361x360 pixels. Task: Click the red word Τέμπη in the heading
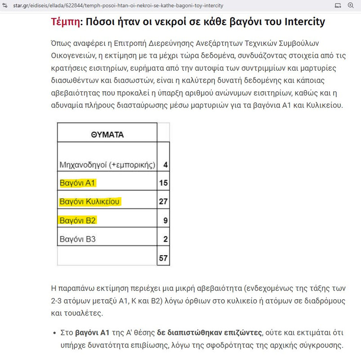pyautogui.click(x=66, y=22)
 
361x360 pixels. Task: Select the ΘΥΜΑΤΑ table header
pyautogui.click(x=107, y=135)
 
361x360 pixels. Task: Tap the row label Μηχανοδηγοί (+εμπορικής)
pyautogui.click(x=107, y=165)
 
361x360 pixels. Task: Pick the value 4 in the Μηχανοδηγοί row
pyautogui.click(x=165, y=165)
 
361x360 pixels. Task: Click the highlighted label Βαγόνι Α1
pyautogui.click(x=78, y=183)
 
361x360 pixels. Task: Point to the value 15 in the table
pyautogui.click(x=163, y=183)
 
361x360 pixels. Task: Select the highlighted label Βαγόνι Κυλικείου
pyautogui.click(x=89, y=202)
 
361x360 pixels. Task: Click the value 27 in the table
pyautogui.click(x=163, y=202)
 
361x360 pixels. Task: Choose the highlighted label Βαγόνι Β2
pyautogui.click(x=78, y=220)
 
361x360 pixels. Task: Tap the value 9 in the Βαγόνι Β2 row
pyautogui.click(x=165, y=220)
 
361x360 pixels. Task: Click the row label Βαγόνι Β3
pyautogui.click(x=78, y=239)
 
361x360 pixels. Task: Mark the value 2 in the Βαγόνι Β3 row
pyautogui.click(x=165, y=239)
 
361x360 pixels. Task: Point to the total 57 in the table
pyautogui.click(x=163, y=258)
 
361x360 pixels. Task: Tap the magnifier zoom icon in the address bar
pyautogui.click(x=351, y=5)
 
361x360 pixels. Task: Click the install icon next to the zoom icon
pyautogui.click(x=338, y=5)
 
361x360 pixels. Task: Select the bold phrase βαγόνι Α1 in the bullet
pyautogui.click(x=92, y=333)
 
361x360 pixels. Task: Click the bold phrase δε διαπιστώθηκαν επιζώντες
pyautogui.click(x=209, y=333)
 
